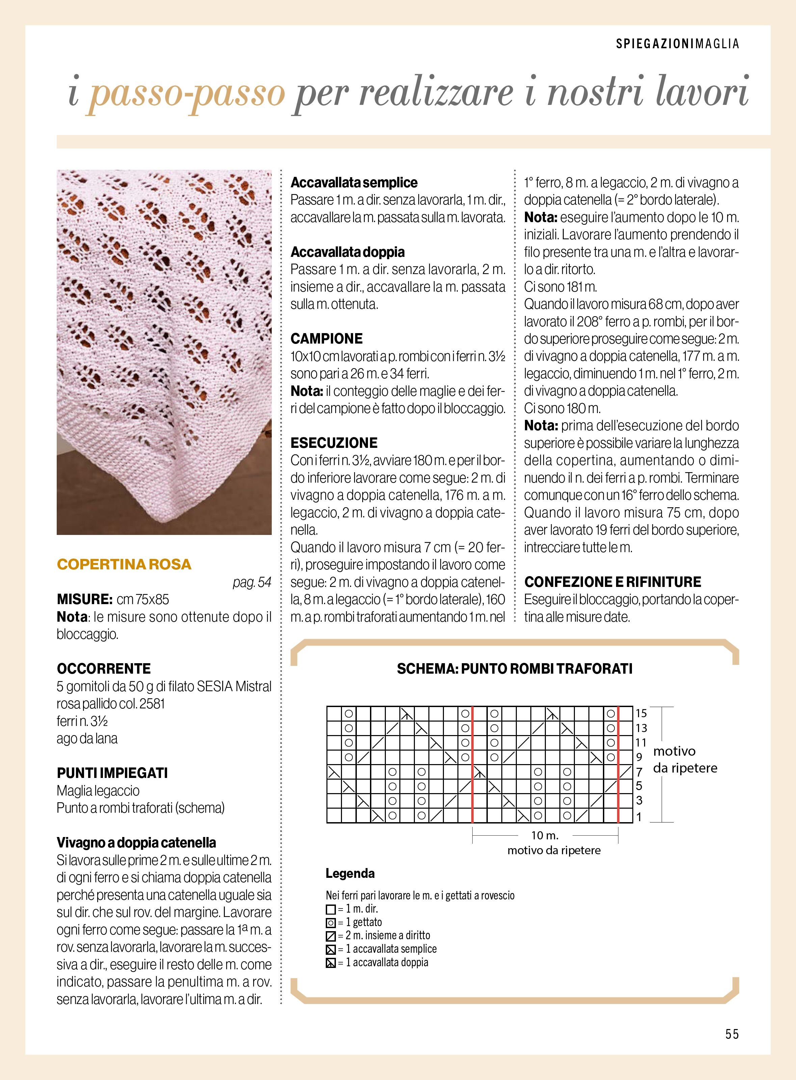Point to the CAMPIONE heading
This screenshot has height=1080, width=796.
pos(326,339)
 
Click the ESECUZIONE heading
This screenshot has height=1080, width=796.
pos(334,443)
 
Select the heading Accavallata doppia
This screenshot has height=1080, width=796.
pos(347,252)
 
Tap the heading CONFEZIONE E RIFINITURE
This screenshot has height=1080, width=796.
pos(612,582)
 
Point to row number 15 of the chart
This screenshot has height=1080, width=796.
pos(641,713)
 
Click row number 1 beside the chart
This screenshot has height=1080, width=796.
pos(639,817)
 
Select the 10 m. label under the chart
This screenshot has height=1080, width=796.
pos(545,835)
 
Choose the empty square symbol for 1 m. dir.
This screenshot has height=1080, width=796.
pos(330,910)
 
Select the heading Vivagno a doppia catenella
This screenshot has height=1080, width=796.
pos(136,842)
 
